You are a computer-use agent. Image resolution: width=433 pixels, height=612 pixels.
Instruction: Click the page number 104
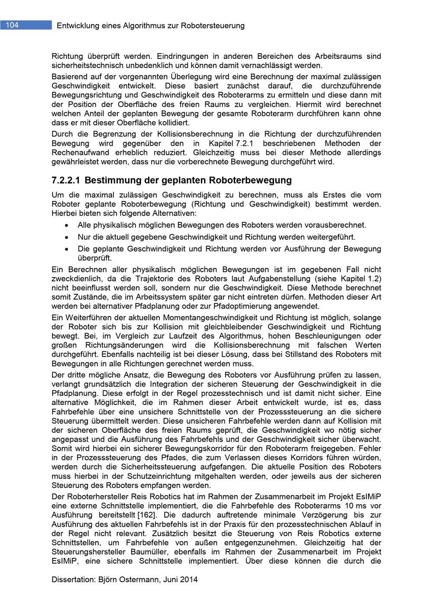click(x=13, y=25)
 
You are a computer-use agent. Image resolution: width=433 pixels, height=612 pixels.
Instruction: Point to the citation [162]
click(x=147, y=515)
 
